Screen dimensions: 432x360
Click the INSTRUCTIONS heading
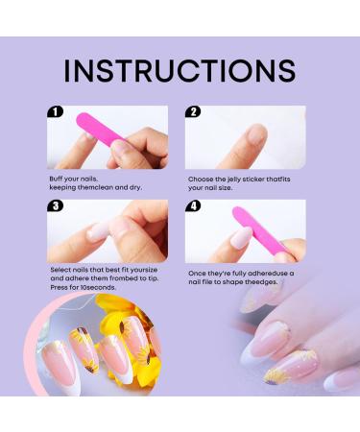point(180,71)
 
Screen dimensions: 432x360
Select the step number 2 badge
point(194,111)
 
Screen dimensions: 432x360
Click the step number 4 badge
point(194,206)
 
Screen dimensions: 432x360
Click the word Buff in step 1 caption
point(57,180)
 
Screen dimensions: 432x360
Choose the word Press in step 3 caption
point(59,291)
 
